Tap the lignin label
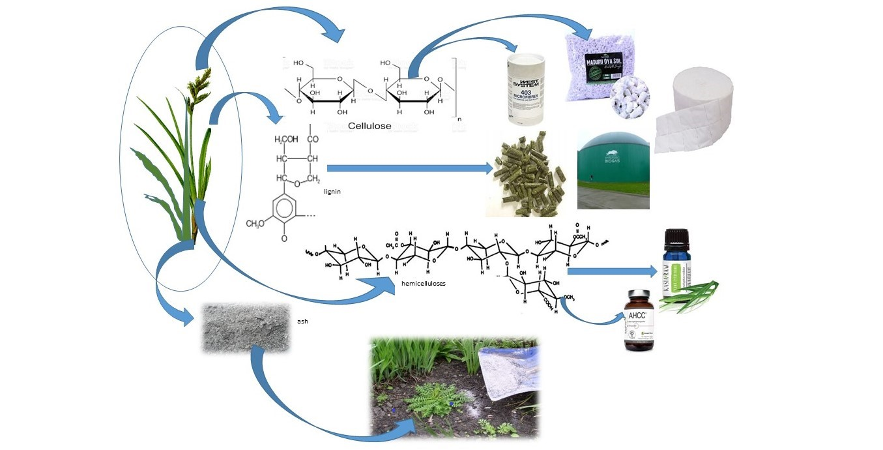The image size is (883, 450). click(332, 192)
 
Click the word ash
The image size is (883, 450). click(301, 321)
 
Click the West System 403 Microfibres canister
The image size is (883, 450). click(526, 89)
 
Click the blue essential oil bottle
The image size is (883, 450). click(677, 263)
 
